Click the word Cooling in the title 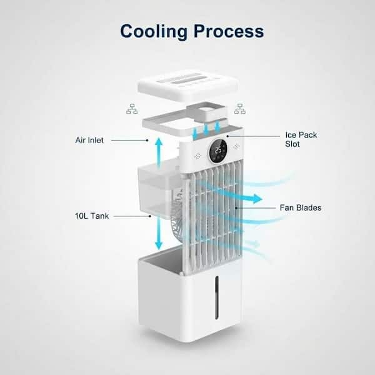tap(154, 31)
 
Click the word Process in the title tap(229, 31)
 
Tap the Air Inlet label tap(89, 140)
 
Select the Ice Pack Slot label tap(301, 139)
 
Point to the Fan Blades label tap(301, 207)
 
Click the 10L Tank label tap(92, 216)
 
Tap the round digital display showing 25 tap(218, 151)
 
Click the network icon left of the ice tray tap(132, 109)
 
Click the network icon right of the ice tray tap(239, 109)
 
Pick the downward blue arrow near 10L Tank tap(159, 233)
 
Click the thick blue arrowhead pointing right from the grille tap(257, 199)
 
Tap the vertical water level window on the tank tap(217, 297)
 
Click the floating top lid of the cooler tap(188, 85)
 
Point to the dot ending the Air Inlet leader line tap(147, 140)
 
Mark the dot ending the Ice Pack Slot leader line tap(227, 136)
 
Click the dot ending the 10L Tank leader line tap(150, 216)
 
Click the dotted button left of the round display tap(197, 156)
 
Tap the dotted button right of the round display tap(237, 146)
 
